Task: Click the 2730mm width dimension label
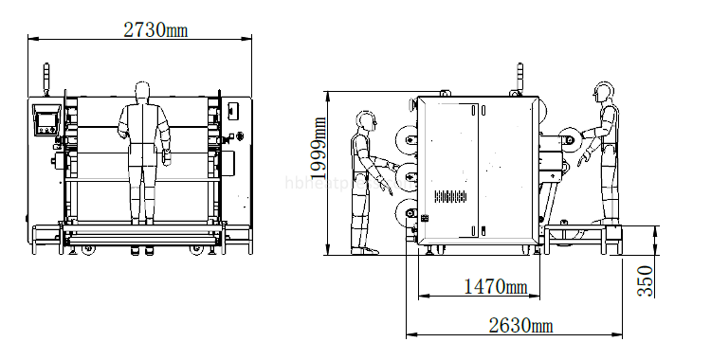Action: [155, 28]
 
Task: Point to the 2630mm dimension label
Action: [520, 326]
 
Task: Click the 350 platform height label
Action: [645, 282]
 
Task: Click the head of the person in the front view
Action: [142, 91]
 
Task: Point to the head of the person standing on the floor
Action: [365, 120]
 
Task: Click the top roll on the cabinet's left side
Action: [410, 144]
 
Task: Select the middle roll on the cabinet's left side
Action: [409, 176]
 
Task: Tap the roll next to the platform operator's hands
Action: [571, 140]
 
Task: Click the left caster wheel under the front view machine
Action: [87, 250]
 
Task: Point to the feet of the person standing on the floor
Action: [362, 251]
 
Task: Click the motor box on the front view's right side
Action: [234, 111]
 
